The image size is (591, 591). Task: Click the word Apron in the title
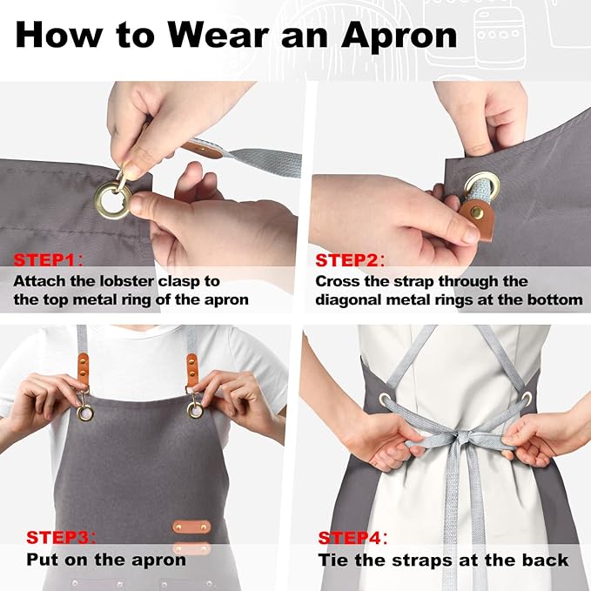tap(399, 36)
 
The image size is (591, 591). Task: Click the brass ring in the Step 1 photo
tap(112, 200)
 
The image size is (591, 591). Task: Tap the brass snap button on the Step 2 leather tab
tap(480, 213)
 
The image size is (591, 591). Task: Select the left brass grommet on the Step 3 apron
tap(84, 413)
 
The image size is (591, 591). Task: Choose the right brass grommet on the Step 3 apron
tap(195, 411)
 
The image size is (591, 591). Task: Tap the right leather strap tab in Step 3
tap(191, 371)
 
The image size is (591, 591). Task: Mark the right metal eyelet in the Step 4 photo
tap(527, 399)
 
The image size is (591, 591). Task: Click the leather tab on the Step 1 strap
tap(202, 150)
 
